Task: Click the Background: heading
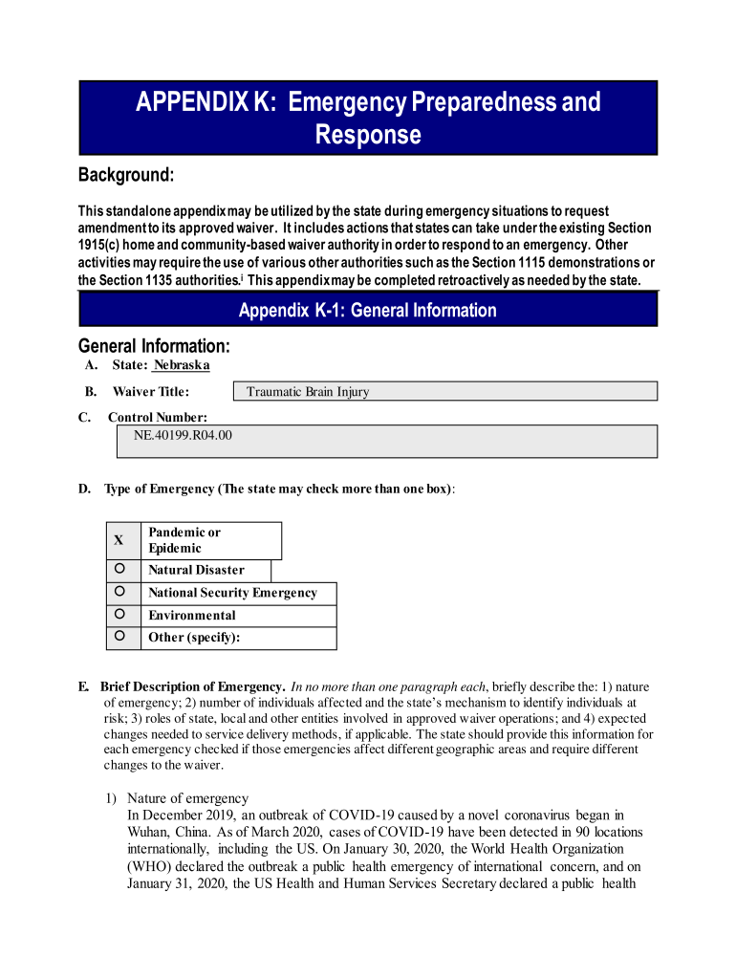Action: [x=126, y=176]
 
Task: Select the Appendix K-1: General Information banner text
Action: [x=367, y=310]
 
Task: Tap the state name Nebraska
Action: [x=182, y=365]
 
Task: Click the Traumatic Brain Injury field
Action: [x=445, y=391]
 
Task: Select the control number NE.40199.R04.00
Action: [x=175, y=435]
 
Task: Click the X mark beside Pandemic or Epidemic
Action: [x=119, y=540]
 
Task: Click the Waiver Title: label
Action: [x=150, y=391]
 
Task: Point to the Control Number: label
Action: [x=157, y=417]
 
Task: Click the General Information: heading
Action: [x=153, y=345]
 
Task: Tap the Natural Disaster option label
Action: [x=196, y=570]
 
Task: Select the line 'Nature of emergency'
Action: [x=187, y=798]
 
